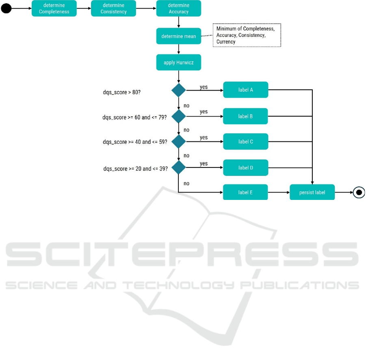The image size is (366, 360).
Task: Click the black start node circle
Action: (6, 9)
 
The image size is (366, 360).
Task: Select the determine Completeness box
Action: (54, 9)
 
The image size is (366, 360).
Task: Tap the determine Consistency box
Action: (113, 9)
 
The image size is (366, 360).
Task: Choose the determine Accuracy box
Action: (179, 9)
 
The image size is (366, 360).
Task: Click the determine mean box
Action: (179, 36)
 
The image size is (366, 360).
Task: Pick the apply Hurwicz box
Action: (179, 63)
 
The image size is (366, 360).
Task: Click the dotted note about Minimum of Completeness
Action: (247, 35)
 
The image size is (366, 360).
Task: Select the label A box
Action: (245, 90)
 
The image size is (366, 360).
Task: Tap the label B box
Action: (245, 116)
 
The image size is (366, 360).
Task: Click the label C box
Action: (245, 142)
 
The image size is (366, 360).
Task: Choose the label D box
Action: (245, 167)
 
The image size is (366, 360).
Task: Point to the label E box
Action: (245, 192)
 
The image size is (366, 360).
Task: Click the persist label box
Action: (312, 192)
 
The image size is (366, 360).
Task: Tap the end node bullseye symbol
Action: (359, 192)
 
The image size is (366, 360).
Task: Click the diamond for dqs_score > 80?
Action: (179, 90)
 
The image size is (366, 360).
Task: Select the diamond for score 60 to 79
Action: (179, 117)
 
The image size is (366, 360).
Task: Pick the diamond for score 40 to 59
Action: (179, 142)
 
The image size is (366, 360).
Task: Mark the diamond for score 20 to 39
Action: (179, 167)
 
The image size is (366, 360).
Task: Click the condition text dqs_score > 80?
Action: (122, 92)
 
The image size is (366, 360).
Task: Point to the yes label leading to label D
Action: (204, 163)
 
